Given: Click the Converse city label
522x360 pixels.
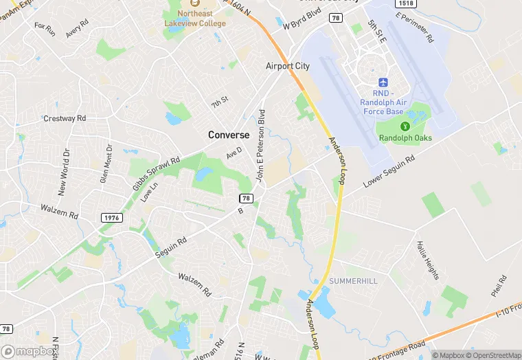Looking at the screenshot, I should tap(229, 135).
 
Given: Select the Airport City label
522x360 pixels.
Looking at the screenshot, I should tap(288, 66).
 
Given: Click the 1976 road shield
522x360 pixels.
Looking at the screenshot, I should tap(112, 217).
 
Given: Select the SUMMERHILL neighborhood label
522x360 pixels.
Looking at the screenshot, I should tap(353, 282).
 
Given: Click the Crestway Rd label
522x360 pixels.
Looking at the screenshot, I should tap(65, 118).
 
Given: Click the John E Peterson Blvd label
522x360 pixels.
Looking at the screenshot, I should tap(261, 145).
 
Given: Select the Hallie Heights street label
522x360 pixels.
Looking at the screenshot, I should tap(427, 260).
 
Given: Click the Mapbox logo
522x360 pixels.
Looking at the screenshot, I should tap(29, 351).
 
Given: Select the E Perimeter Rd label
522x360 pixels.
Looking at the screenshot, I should tap(416, 26).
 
